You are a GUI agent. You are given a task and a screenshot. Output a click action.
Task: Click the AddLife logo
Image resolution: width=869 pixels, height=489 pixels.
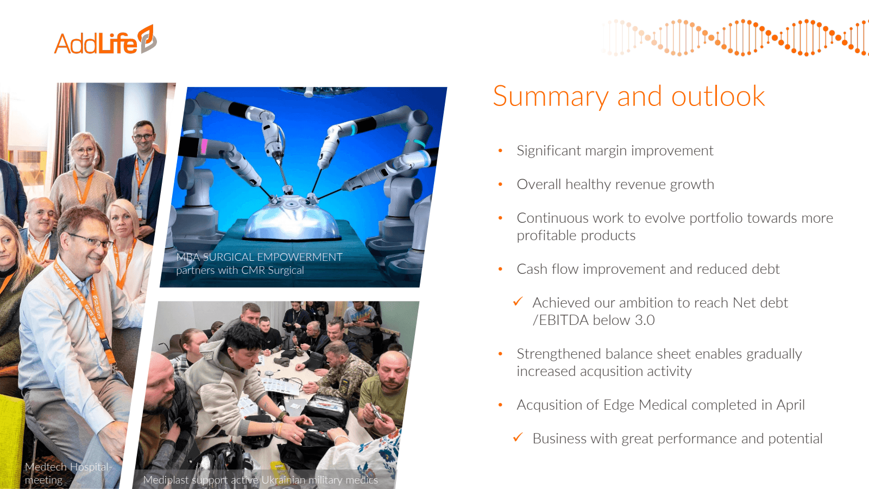(x=105, y=40)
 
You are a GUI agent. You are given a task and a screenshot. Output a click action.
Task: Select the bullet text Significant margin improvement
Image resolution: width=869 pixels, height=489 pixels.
(x=615, y=151)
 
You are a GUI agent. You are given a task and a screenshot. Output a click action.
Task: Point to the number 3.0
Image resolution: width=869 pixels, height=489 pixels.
(x=645, y=320)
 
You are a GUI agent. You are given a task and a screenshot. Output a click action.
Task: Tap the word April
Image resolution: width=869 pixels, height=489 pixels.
(x=790, y=405)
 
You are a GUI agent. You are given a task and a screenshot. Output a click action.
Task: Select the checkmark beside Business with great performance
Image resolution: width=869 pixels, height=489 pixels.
(x=518, y=437)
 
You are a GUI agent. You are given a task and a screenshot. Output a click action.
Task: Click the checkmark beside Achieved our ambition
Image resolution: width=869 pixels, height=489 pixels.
(x=518, y=302)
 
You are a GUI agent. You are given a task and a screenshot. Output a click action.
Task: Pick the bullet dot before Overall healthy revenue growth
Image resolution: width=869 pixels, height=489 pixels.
(x=500, y=184)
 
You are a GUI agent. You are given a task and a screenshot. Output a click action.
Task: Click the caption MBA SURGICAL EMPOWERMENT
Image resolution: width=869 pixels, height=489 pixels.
(x=259, y=257)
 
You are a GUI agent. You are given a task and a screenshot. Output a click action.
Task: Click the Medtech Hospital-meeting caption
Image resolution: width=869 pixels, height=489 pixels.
(x=68, y=473)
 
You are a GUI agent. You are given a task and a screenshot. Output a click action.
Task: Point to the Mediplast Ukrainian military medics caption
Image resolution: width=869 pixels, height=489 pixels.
(x=260, y=480)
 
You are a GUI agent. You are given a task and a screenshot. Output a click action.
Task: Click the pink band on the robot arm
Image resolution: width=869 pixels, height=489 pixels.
(x=204, y=147)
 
